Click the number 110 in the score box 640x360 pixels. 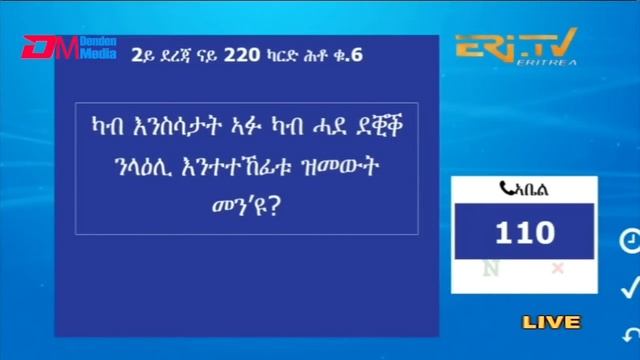click(x=525, y=233)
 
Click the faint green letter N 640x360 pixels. click(x=491, y=268)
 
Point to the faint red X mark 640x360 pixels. click(x=557, y=268)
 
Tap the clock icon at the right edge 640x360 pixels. click(x=630, y=241)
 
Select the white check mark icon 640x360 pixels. click(x=630, y=288)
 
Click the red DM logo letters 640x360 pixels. click(x=44, y=47)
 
